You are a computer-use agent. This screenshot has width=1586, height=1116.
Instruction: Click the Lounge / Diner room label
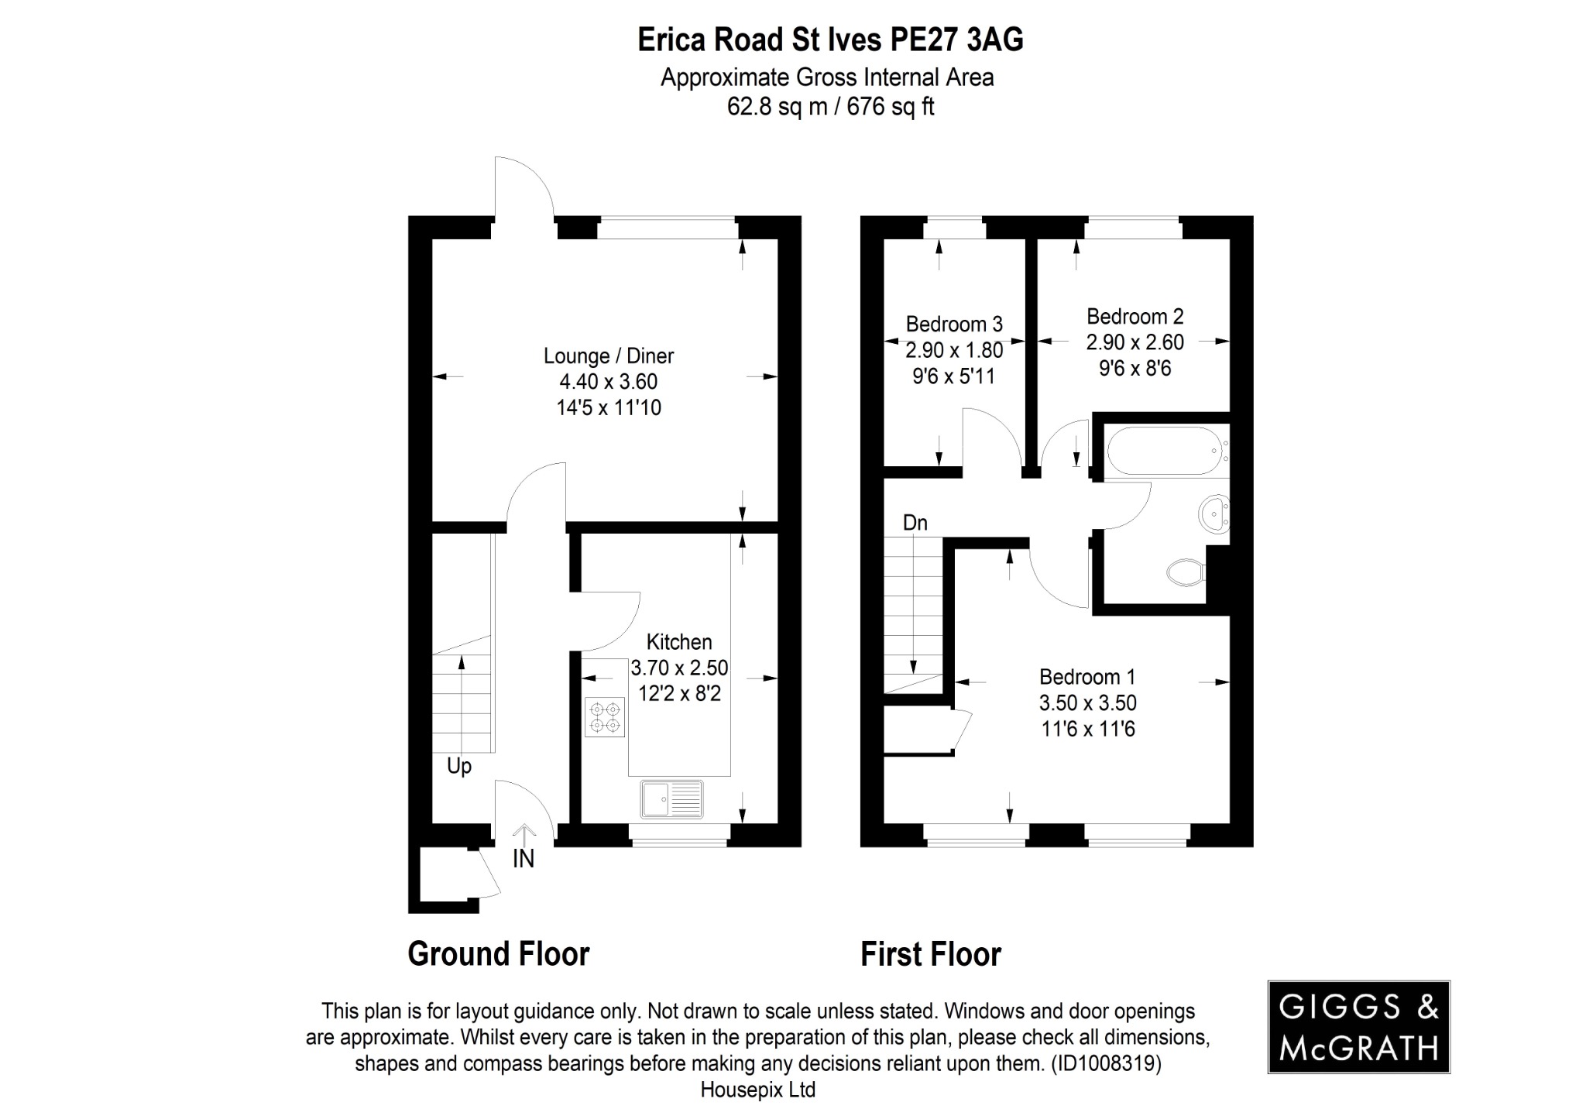(x=608, y=356)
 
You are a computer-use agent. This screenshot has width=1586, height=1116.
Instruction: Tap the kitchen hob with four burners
(x=604, y=717)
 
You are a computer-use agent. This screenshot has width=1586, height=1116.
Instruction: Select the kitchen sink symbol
(x=671, y=799)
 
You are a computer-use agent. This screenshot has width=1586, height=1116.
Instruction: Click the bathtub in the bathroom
(x=1164, y=450)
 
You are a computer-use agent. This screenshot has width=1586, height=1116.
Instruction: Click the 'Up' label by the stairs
(x=458, y=767)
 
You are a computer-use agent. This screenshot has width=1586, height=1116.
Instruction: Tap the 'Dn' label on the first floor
(x=915, y=523)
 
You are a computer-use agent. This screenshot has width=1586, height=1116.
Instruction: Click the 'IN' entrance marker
(x=524, y=858)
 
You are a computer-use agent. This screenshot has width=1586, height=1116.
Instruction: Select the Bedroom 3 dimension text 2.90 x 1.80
(x=954, y=350)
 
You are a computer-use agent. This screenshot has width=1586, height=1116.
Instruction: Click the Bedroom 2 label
(x=1135, y=316)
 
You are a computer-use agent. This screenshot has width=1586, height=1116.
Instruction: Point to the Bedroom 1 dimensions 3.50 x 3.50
(x=1087, y=703)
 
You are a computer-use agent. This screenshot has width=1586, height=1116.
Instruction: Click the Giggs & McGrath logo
(x=1358, y=1027)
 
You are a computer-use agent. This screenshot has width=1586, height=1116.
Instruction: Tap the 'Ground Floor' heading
(x=499, y=954)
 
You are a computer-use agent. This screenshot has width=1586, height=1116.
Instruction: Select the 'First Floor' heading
(x=930, y=954)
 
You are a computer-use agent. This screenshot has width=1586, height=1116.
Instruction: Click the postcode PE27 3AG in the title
(x=956, y=40)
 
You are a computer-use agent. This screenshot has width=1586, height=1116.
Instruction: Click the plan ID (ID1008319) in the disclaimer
(x=1105, y=1063)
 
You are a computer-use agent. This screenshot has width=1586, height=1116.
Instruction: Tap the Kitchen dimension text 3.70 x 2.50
(x=679, y=668)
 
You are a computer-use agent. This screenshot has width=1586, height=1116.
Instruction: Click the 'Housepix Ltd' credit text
(x=757, y=1090)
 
